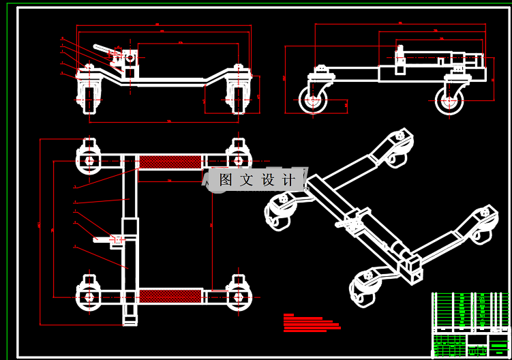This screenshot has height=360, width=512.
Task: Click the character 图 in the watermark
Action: point(226,180)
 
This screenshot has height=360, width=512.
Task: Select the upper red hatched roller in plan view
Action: point(171,162)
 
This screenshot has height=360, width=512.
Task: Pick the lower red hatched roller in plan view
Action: point(171,296)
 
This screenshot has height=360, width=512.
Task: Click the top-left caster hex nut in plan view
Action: point(89,162)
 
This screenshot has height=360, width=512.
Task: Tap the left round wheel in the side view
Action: point(313,100)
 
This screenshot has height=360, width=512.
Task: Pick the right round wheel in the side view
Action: point(449,100)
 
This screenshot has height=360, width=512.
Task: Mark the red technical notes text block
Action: point(310,322)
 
